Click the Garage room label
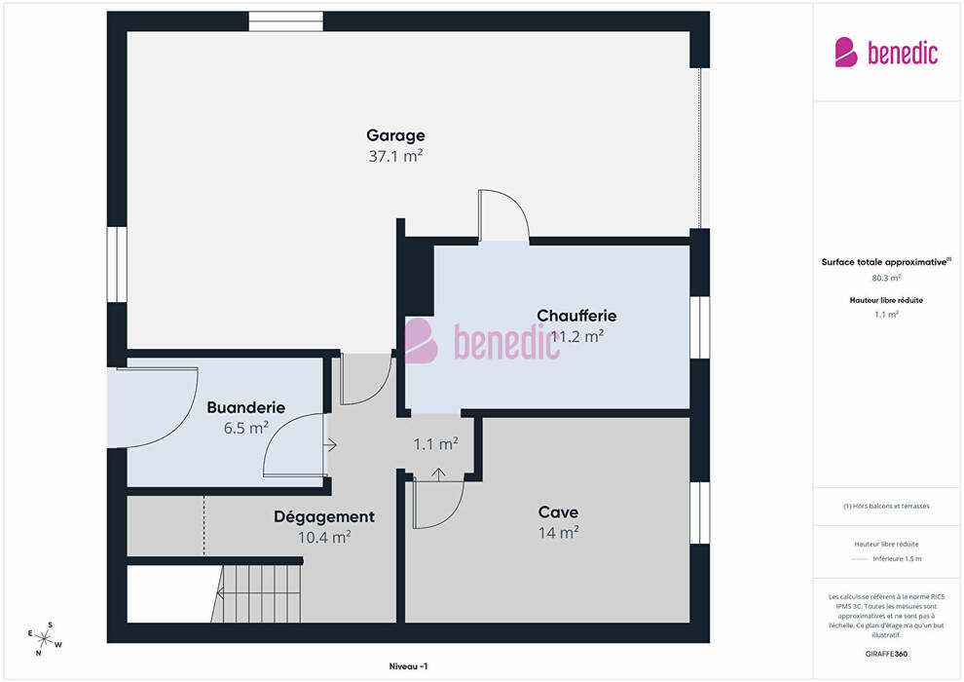(x=395, y=135)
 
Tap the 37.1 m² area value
(x=395, y=156)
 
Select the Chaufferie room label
(x=576, y=316)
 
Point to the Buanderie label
(x=246, y=407)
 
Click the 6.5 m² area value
(x=246, y=428)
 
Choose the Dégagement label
(x=324, y=517)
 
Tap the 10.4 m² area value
(x=324, y=538)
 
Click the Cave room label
(x=558, y=512)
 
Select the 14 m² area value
(x=558, y=533)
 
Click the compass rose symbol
(x=44, y=639)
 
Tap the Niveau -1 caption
(x=408, y=666)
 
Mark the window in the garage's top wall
(x=286, y=20)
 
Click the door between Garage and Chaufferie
(x=503, y=215)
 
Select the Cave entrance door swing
(x=438, y=503)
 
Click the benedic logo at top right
(x=886, y=53)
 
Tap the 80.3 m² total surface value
(x=886, y=278)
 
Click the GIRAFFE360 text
(x=886, y=654)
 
